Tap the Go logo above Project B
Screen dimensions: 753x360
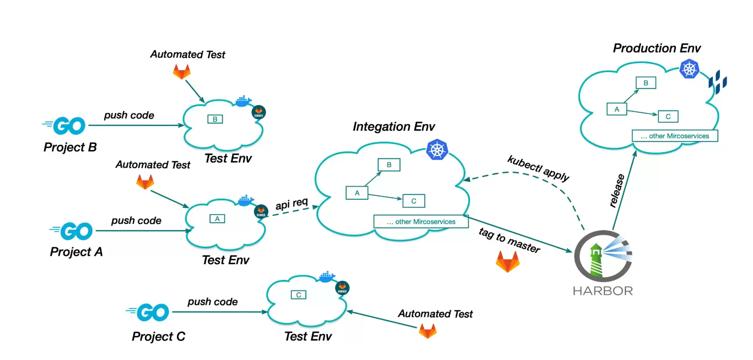tap(64, 126)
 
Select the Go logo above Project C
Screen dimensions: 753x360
tap(147, 313)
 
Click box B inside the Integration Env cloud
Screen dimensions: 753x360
tap(389, 165)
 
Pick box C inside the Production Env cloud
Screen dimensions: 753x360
tap(668, 116)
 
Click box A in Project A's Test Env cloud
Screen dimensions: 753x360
tap(217, 219)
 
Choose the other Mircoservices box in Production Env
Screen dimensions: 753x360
tap(675, 136)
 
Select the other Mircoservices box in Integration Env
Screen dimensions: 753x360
tap(421, 222)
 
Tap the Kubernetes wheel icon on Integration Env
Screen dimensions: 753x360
tap(437, 150)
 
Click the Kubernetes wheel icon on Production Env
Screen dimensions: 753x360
tap(689, 69)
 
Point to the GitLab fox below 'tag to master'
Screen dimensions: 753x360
tap(507, 261)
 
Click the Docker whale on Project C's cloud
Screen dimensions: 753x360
tap(327, 277)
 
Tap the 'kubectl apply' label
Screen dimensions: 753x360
tap(538, 168)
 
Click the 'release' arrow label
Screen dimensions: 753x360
tap(617, 191)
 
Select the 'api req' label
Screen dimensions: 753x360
tap(292, 204)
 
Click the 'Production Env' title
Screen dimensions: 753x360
tap(657, 48)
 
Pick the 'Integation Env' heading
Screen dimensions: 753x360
tap(394, 127)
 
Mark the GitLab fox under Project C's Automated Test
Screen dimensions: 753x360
tap(427, 331)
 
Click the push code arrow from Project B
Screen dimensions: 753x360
tap(136, 125)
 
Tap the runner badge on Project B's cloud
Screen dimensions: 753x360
tap(258, 112)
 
